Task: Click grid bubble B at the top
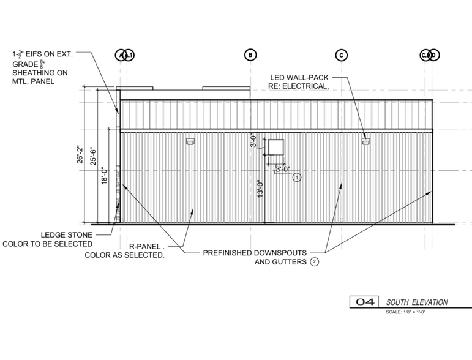(x=250, y=55)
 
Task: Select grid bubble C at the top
(x=341, y=55)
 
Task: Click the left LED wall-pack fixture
(x=190, y=142)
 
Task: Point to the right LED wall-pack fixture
(x=365, y=142)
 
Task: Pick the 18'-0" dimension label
(x=104, y=176)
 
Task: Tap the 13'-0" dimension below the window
(x=260, y=189)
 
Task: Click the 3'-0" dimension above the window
(x=253, y=141)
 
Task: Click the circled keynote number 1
(x=297, y=178)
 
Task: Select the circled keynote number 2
(x=315, y=262)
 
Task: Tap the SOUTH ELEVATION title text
(x=417, y=302)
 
